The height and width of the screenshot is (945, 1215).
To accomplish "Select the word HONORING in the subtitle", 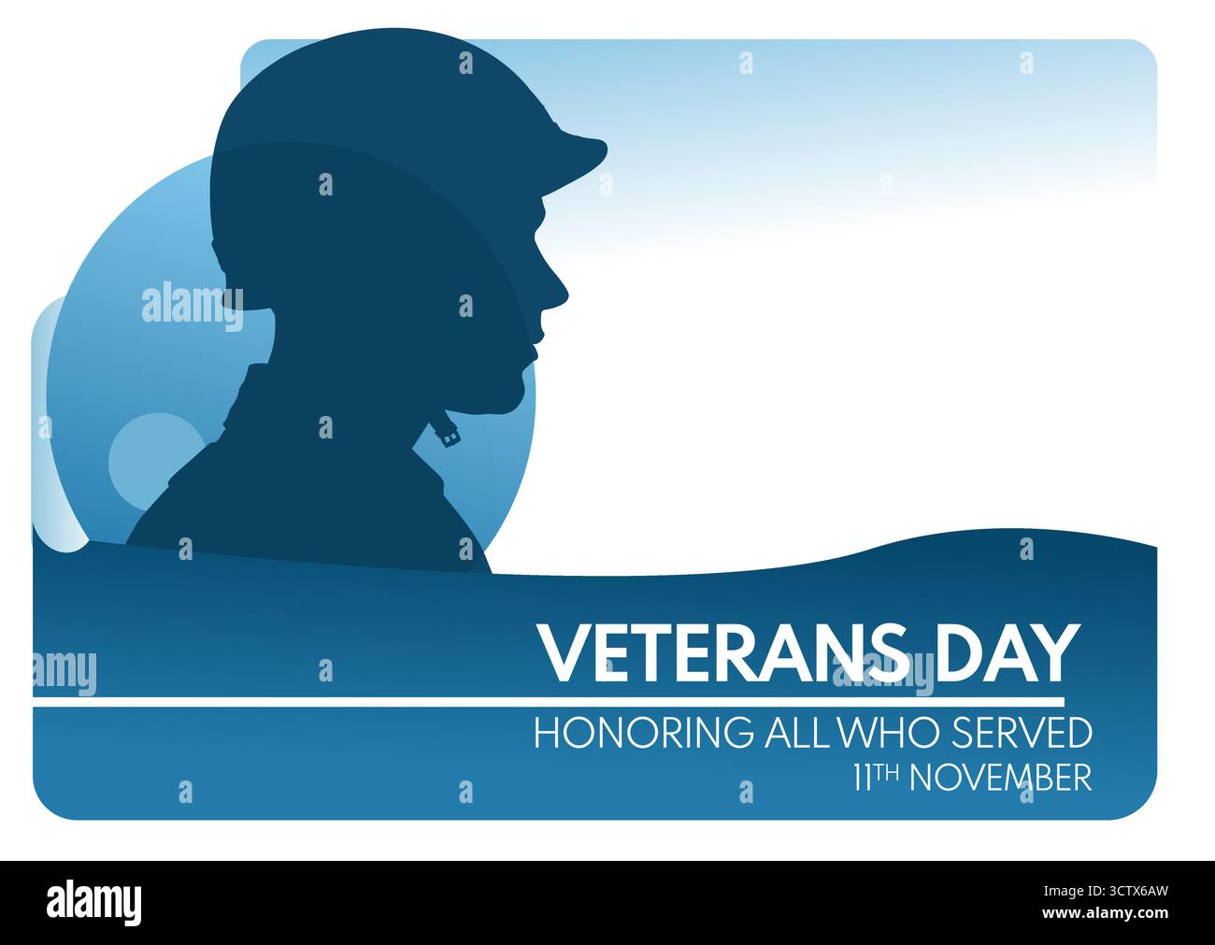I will (642, 733).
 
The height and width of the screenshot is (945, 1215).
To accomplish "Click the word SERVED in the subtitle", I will (1022, 733).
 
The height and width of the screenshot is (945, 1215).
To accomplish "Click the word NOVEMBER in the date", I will (1000, 778).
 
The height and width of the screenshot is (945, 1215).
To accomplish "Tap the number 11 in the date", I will (863, 778).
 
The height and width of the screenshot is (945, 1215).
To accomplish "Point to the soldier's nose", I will (558, 291).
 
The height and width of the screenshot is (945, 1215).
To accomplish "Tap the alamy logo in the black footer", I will (94, 902).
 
